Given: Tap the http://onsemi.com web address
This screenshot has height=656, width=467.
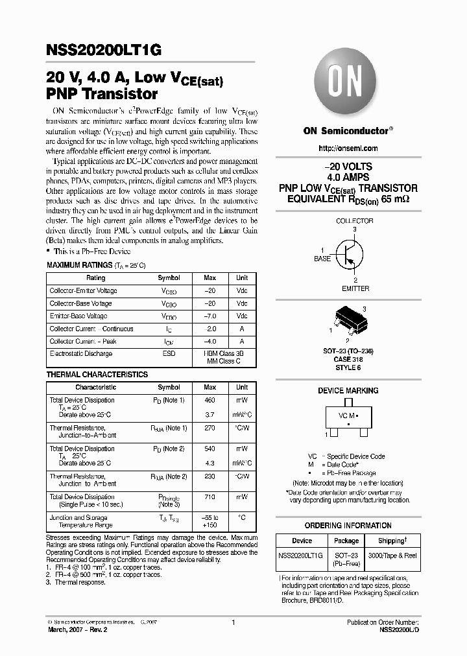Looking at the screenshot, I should [348, 148].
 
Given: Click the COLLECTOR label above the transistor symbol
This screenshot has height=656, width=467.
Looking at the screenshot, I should [354, 221].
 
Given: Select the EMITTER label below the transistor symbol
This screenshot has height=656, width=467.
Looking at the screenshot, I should [355, 288].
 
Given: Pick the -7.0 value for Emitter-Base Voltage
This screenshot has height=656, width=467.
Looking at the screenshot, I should [210, 316].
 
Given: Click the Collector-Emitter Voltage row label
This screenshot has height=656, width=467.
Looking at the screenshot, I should [84, 291].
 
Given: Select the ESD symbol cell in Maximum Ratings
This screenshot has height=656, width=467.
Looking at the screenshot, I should [169, 354].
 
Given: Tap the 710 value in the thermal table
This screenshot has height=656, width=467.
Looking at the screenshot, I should [210, 497].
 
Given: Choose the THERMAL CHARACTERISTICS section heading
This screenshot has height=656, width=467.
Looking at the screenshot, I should [97, 375].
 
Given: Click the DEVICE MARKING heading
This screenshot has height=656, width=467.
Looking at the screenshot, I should [348, 391].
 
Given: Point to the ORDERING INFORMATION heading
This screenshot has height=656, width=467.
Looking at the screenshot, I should [348, 526].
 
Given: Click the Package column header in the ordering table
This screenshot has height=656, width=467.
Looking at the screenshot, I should [346, 541].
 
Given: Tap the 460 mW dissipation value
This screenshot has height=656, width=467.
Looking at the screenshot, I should [210, 401].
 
